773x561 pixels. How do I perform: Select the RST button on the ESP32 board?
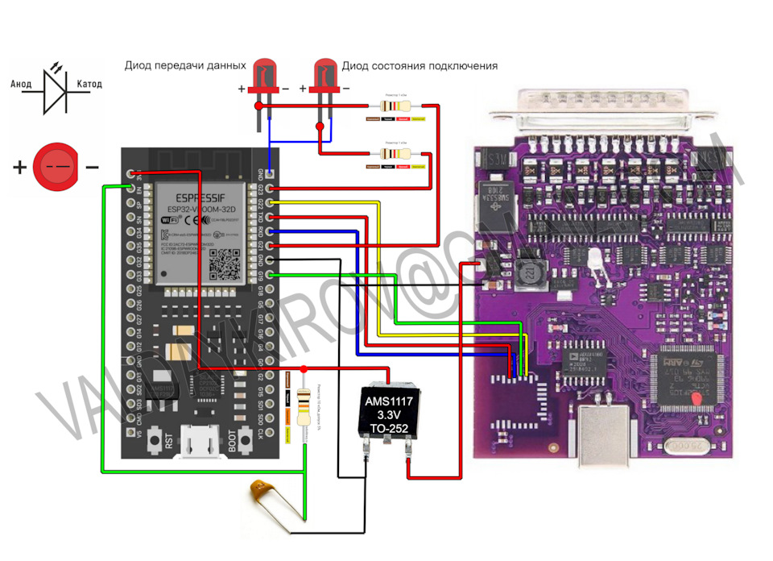click(x=168, y=439)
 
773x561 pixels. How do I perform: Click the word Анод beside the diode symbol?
click(x=22, y=84)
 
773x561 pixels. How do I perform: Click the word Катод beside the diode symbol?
click(x=89, y=84)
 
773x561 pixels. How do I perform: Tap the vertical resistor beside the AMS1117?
click(x=304, y=407)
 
